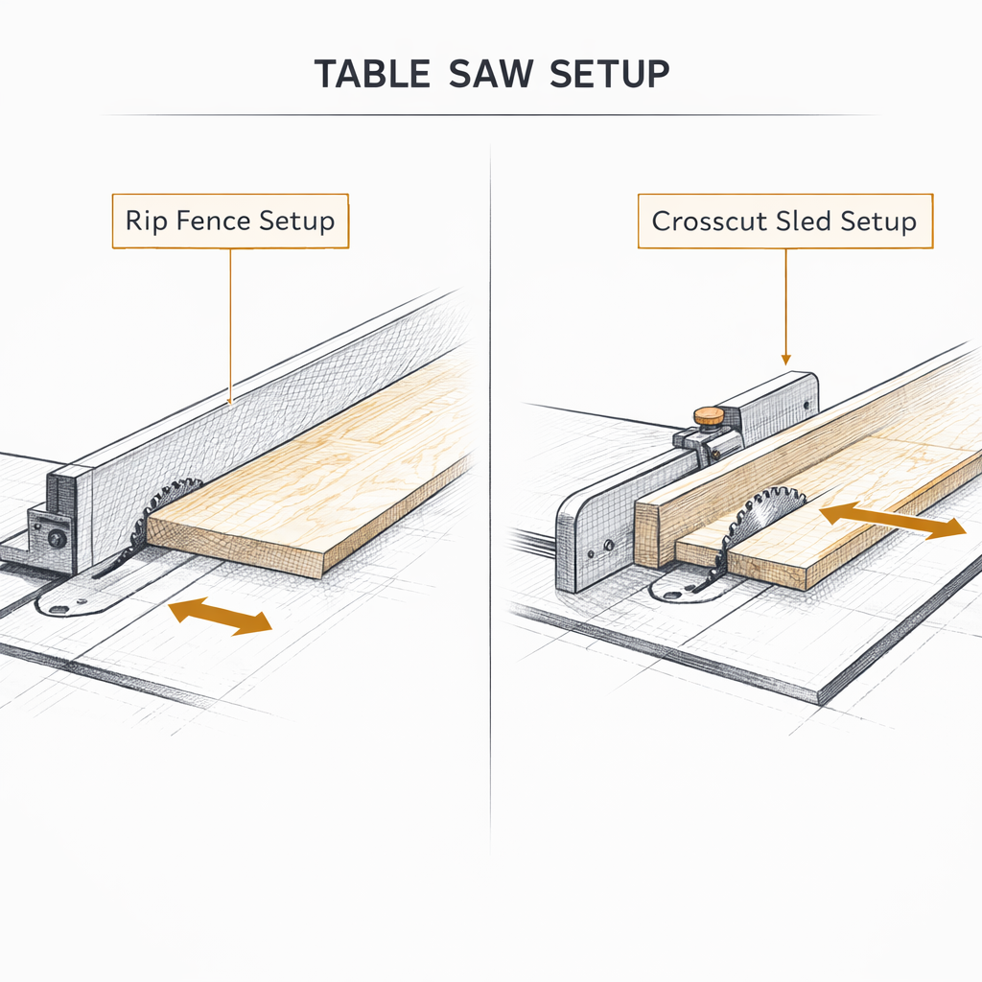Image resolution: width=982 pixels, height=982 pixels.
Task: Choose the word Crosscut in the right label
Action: coord(707,222)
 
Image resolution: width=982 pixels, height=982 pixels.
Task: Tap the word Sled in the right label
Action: coord(803,222)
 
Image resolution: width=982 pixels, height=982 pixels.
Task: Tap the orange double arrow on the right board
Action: coord(892,521)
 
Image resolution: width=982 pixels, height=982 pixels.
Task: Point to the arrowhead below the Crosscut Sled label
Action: coord(785,361)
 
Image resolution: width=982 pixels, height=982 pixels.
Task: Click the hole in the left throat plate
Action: coord(59,607)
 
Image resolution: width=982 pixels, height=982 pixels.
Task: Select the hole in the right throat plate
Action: coord(668,592)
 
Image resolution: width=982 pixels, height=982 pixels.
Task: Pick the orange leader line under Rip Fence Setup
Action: coord(230,326)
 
